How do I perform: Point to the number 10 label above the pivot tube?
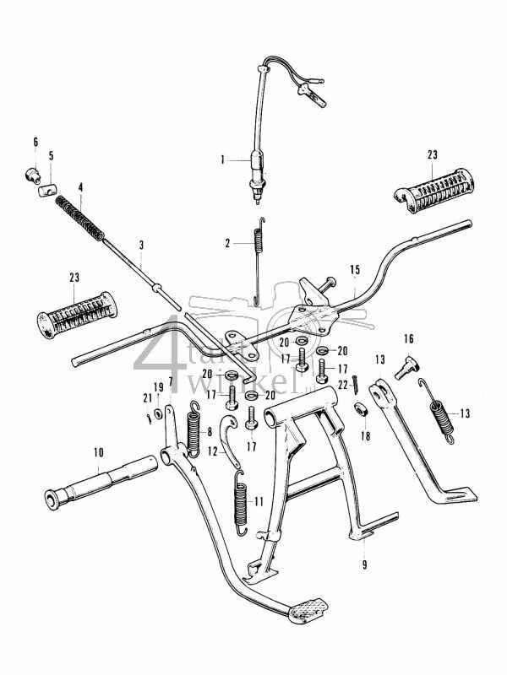coord(98,452)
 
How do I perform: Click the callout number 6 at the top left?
coord(35,141)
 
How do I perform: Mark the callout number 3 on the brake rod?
coord(141,246)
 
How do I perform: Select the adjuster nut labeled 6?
coord(32,175)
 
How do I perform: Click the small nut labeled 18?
coord(360,410)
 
